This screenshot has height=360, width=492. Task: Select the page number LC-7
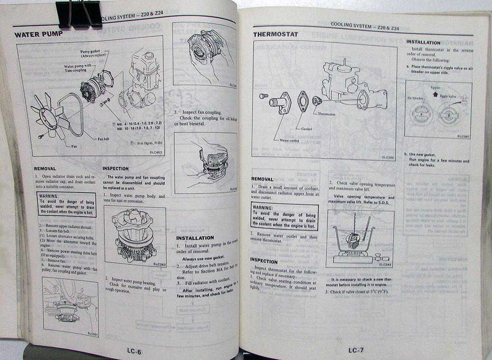click(x=356, y=350)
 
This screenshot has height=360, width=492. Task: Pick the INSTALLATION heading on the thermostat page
click(x=424, y=42)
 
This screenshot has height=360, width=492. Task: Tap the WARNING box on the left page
click(x=67, y=204)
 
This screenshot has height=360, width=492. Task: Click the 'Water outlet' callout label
click(x=290, y=139)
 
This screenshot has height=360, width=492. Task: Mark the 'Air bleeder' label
click(x=416, y=98)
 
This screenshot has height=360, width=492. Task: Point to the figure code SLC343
click(x=385, y=265)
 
